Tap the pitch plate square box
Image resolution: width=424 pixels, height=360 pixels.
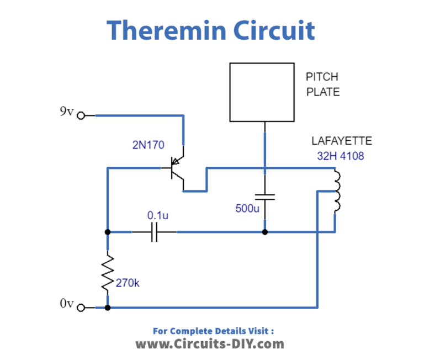click(x=262, y=92)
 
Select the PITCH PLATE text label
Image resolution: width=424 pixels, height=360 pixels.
click(x=323, y=84)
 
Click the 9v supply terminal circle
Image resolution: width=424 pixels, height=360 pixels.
click(x=81, y=116)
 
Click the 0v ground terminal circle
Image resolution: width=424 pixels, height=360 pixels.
click(x=81, y=308)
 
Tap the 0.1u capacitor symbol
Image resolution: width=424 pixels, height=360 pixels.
click(x=155, y=232)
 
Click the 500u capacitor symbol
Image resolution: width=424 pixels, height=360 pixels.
click(x=265, y=197)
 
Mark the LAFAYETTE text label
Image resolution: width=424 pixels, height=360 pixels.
click(x=342, y=141)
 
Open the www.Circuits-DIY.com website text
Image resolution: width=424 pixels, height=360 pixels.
click(x=210, y=345)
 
